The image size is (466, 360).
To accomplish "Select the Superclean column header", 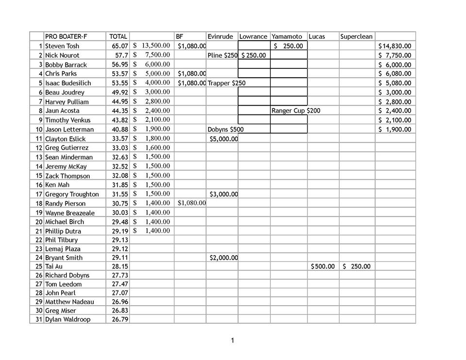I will coord(356,36).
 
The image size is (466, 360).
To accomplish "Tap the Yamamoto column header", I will coord(287,36).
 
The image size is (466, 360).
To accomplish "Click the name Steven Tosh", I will coord(62,46).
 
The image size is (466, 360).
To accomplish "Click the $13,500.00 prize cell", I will coord(151,46).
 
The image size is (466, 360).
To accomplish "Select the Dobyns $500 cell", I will coord(225,130).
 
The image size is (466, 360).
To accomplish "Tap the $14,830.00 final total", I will coord(395,46).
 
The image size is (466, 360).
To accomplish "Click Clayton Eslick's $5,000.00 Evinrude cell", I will coord(223,139).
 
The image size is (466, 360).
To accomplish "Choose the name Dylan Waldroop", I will coord(67,319).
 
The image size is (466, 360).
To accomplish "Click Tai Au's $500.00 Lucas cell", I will coord(323,266).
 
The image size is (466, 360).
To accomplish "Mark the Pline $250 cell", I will coord(222,55).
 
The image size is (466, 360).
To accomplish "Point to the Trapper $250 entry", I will coord(226,83).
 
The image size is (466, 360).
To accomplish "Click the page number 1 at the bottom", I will coord(233,341).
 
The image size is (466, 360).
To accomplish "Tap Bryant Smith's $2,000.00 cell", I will coord(223,258).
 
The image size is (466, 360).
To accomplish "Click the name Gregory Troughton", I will coord(72,194).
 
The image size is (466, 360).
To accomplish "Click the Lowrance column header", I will coord(253,36).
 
